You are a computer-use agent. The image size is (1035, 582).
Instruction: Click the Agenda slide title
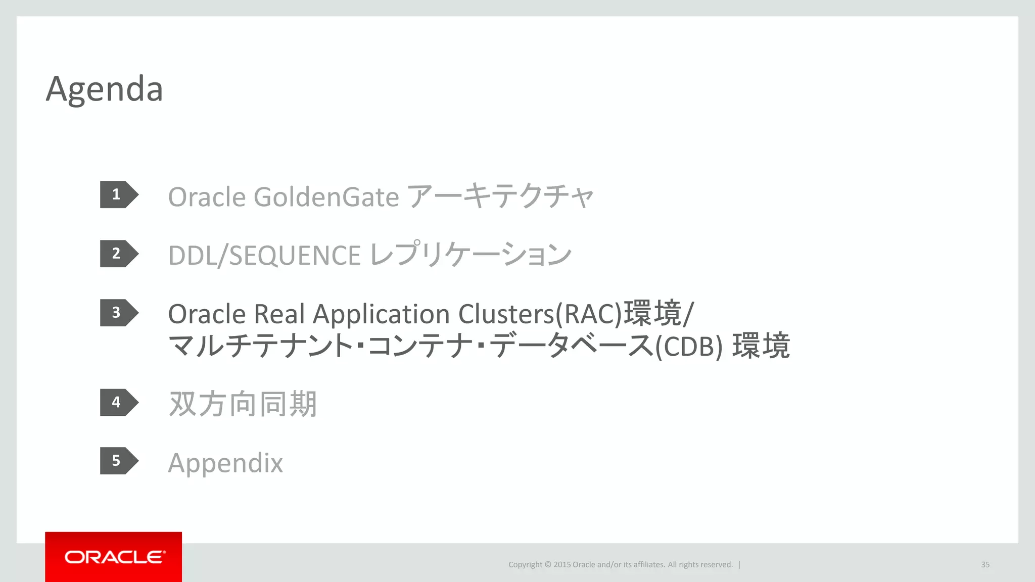[x=104, y=89]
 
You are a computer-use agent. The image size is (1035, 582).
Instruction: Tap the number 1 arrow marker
[x=118, y=195]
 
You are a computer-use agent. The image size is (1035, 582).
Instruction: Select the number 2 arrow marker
[x=118, y=254]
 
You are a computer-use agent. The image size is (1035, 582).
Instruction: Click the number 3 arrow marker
[x=118, y=313]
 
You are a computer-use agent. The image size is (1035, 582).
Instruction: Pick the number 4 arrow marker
[x=118, y=402]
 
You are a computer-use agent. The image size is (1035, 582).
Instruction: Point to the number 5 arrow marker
[x=118, y=461]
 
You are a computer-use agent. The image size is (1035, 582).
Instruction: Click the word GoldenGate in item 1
[x=326, y=197]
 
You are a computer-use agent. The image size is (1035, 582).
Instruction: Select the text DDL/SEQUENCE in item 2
[x=264, y=255]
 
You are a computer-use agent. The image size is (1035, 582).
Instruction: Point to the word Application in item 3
[x=382, y=315]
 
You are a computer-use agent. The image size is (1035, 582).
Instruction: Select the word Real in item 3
[x=279, y=314]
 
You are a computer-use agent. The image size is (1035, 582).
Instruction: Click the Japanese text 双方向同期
[x=243, y=404]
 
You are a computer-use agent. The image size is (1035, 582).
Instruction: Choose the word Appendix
[x=225, y=463]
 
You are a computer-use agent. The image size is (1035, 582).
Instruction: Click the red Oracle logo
[x=114, y=557]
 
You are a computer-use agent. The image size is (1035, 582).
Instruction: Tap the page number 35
[x=985, y=565]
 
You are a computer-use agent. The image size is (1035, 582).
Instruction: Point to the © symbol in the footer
[x=548, y=565]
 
